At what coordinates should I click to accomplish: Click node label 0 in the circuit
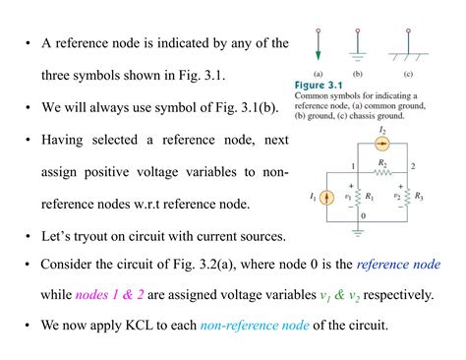click(363, 214)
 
